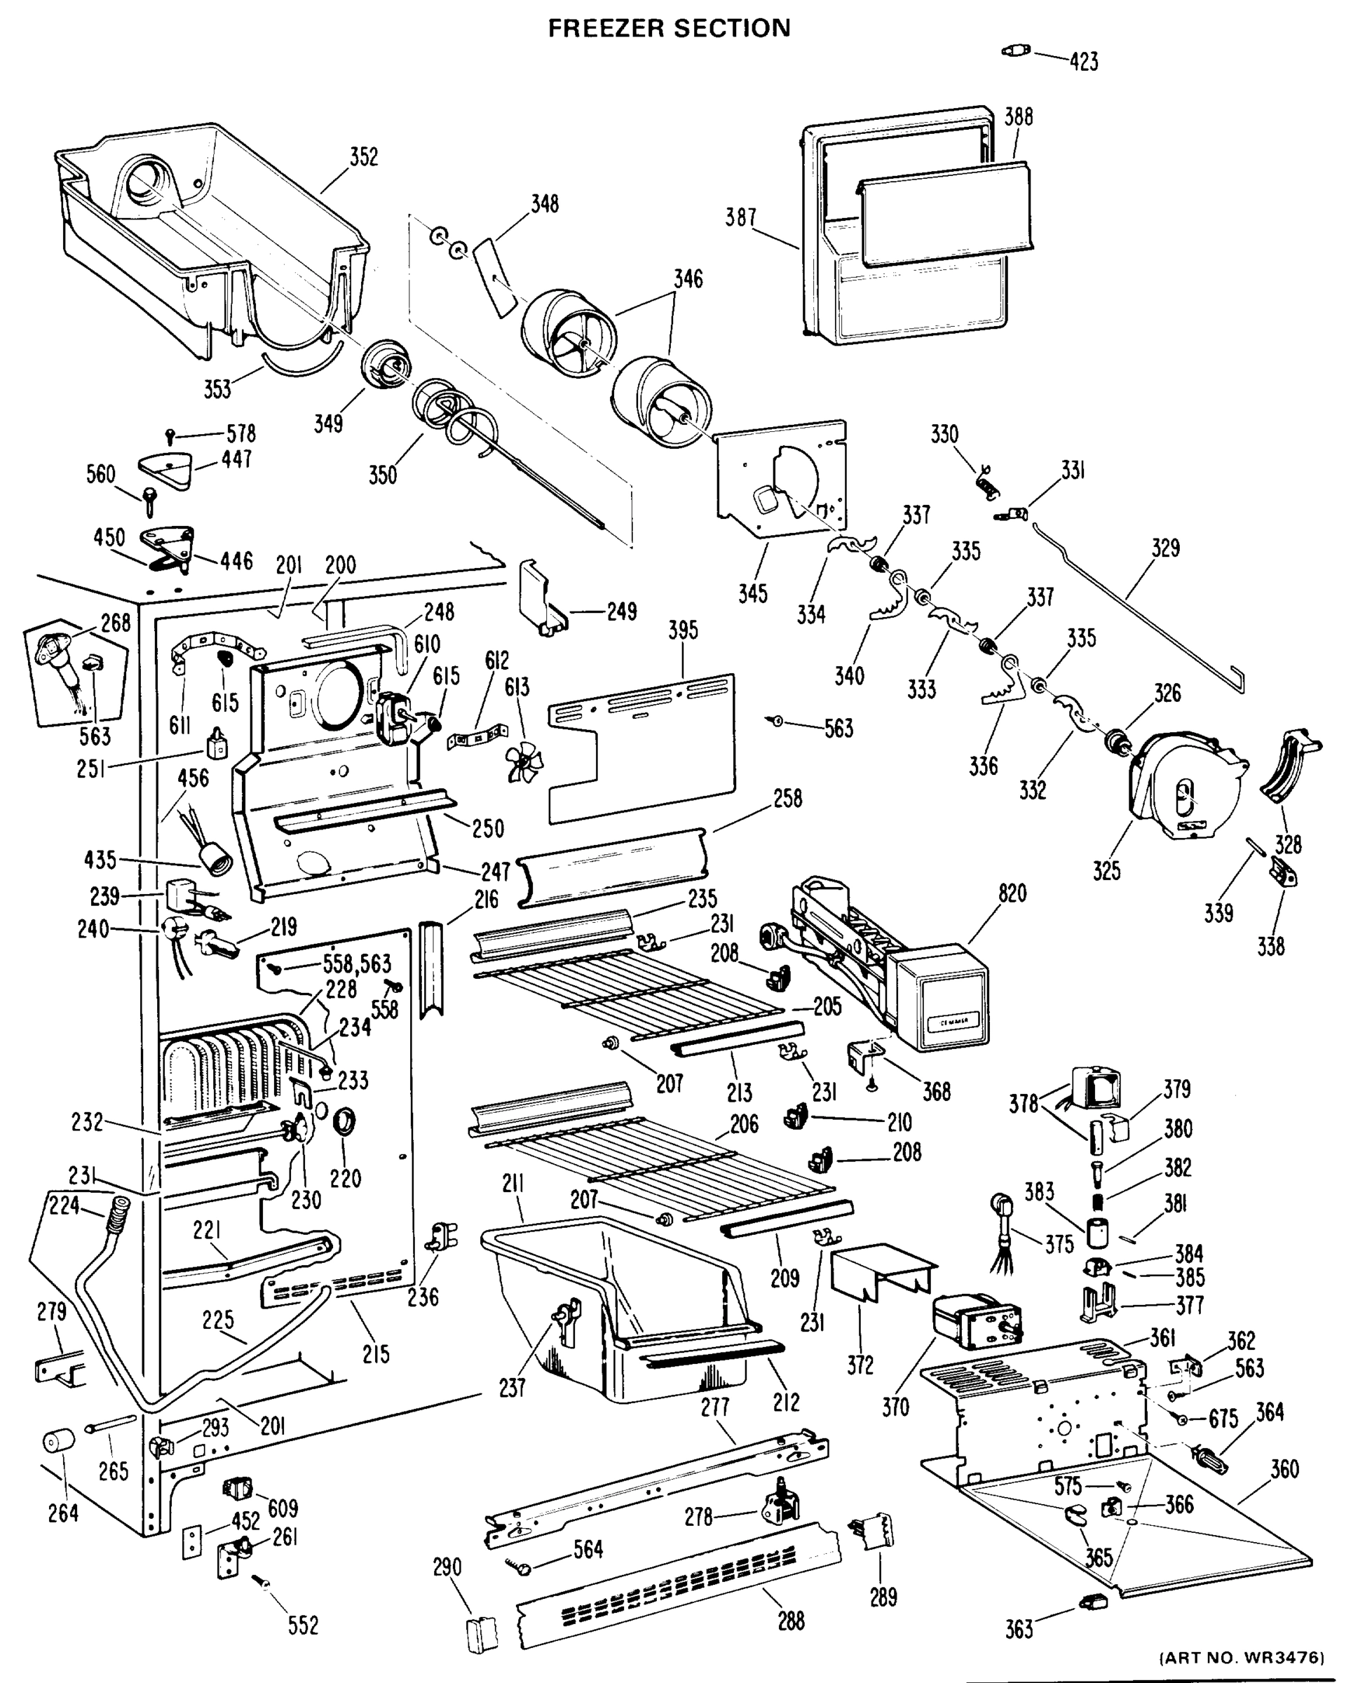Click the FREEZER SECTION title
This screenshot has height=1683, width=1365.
(668, 28)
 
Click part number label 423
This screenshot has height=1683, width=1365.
(1082, 61)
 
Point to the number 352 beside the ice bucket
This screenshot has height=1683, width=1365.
(363, 157)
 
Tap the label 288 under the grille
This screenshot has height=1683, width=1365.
(791, 1620)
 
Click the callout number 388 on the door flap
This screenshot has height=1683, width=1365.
(1018, 117)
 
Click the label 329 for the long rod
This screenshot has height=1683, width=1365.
(1165, 548)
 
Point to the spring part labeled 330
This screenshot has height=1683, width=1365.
(986, 479)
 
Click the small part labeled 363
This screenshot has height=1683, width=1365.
(1092, 1600)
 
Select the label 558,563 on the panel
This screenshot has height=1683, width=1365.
(356, 964)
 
